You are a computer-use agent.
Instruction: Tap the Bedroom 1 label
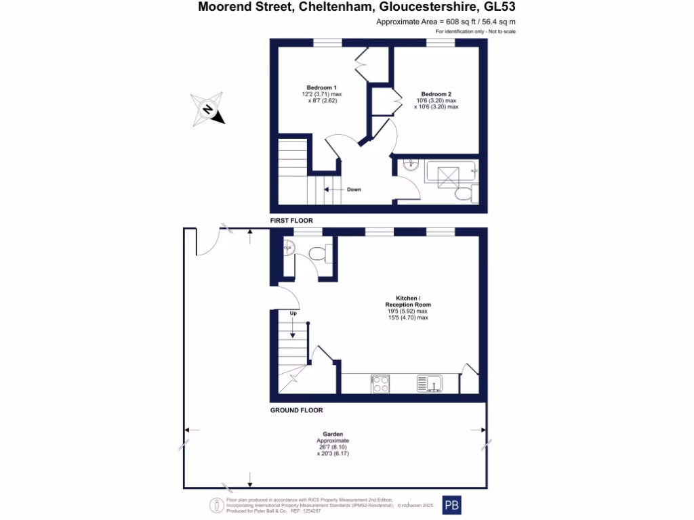321,87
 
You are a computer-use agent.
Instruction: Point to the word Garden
332,434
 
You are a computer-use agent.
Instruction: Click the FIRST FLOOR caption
291,221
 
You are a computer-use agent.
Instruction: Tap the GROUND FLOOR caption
296,410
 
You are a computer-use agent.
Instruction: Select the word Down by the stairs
354,190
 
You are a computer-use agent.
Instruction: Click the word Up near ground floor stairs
293,314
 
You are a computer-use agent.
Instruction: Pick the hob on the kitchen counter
380,384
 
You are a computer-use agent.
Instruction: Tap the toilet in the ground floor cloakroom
319,253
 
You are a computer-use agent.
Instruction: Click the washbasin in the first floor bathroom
410,165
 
